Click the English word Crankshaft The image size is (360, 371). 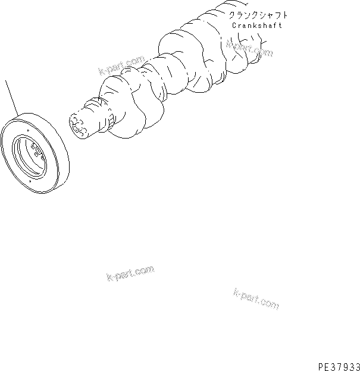[x=258, y=26]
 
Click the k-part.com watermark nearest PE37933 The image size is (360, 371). [x=256, y=299]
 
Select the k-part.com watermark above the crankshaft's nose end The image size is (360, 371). [x=121, y=67]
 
